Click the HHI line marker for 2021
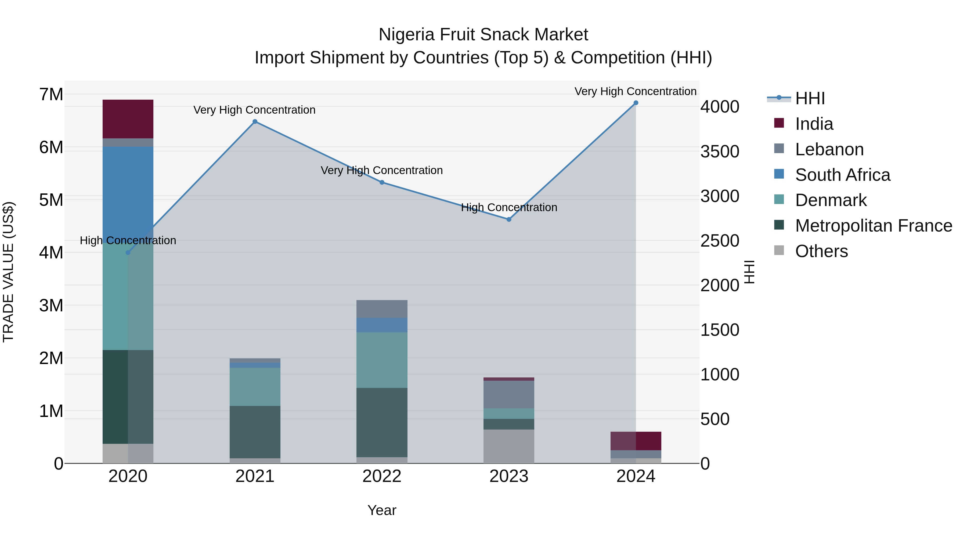(x=255, y=122)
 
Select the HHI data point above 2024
(x=636, y=103)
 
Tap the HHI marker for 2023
(x=509, y=220)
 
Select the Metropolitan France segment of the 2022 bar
(x=382, y=422)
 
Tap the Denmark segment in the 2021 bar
(x=255, y=387)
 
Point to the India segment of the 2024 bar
(x=636, y=441)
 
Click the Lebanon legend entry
(x=829, y=149)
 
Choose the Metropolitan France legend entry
(x=873, y=226)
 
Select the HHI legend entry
(x=810, y=98)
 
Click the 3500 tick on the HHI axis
(x=720, y=152)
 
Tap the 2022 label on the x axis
(x=382, y=476)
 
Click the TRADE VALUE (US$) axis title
(x=9, y=272)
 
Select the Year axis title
(x=382, y=510)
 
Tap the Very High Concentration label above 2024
(x=635, y=91)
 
